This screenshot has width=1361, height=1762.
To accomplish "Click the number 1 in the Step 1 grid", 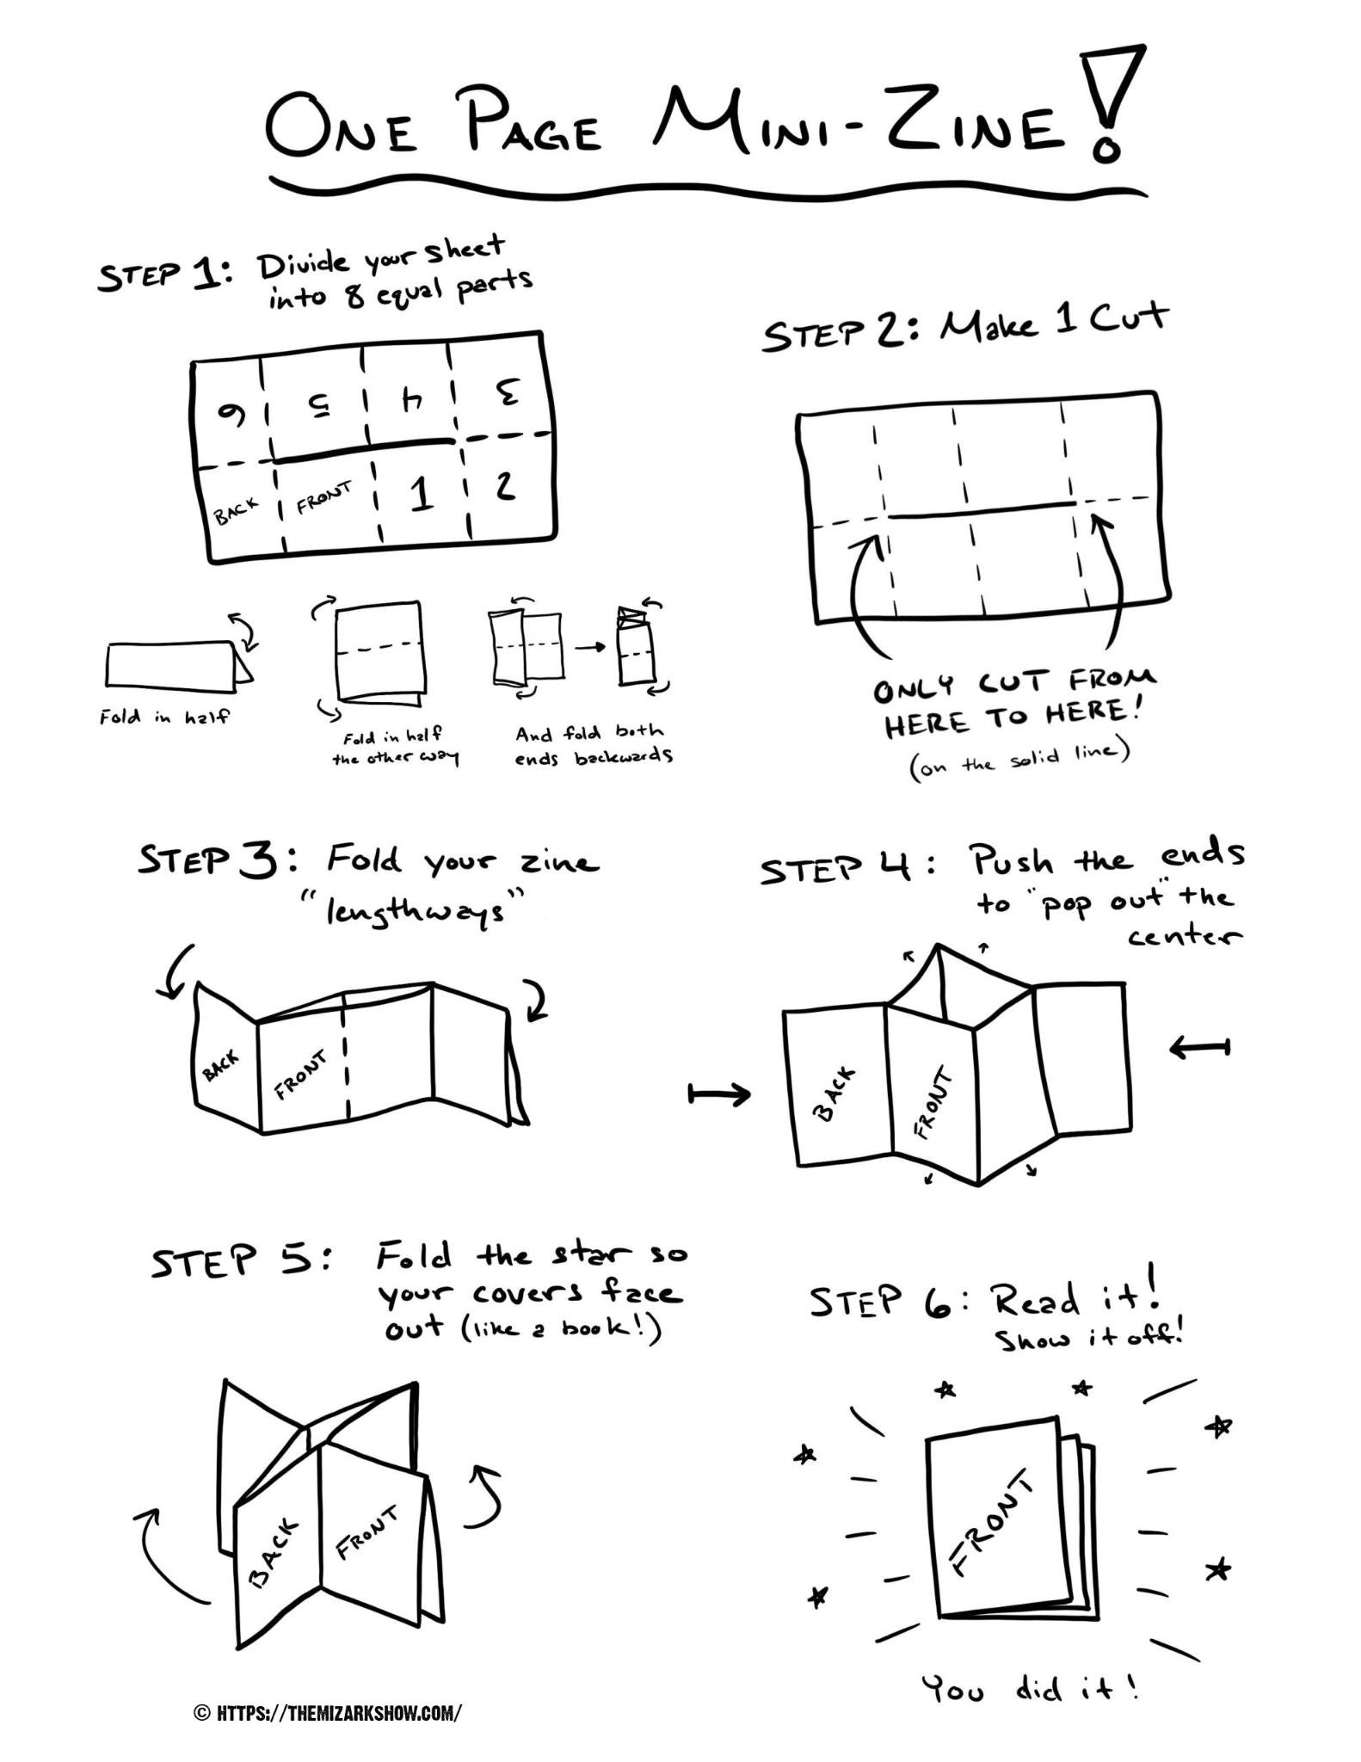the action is click(421, 495).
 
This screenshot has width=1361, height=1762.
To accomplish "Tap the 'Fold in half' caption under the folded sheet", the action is click(164, 716).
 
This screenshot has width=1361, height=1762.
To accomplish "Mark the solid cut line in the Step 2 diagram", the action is click(981, 510).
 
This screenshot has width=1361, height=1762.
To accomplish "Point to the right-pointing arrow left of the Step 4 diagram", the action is click(719, 1094).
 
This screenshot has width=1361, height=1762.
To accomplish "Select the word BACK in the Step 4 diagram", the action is click(834, 1094).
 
